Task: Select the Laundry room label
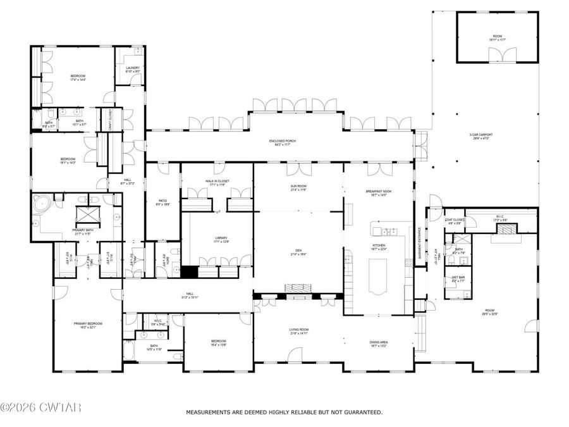pyautogui.click(x=132, y=68)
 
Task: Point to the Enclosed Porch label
pyautogui.click(x=282, y=141)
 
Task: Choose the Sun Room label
pyautogui.click(x=298, y=186)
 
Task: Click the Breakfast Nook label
pyautogui.click(x=376, y=191)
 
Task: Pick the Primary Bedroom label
pyautogui.click(x=87, y=323)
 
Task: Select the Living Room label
pyautogui.click(x=298, y=329)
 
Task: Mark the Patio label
pyautogui.click(x=162, y=201)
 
